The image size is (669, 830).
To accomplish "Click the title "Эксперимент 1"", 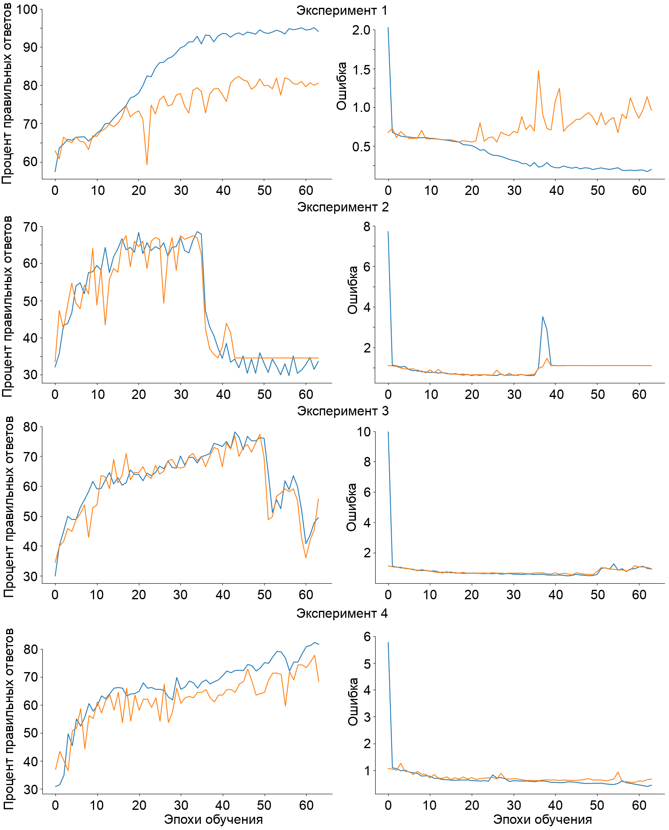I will [342, 10].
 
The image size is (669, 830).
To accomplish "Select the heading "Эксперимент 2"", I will [343, 207].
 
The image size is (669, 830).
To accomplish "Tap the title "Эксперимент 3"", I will [343, 411].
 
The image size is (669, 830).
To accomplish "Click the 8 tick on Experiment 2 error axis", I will [366, 227].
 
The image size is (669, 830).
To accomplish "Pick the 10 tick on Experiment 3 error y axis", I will [363, 432].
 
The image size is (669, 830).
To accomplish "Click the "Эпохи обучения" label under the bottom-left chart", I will [213, 819].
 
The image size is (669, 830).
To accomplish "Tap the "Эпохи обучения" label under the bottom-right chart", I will [542, 819].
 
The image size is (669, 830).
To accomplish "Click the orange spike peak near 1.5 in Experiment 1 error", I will [538, 71].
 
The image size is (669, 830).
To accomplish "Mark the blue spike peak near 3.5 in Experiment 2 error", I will [542, 317].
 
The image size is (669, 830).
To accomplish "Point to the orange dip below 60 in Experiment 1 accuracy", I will [147, 165].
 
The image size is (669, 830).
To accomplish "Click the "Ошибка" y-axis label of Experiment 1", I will [341, 86].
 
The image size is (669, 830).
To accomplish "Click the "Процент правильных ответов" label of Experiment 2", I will [7, 306].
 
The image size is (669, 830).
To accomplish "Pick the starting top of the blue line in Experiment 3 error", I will [388, 432].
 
